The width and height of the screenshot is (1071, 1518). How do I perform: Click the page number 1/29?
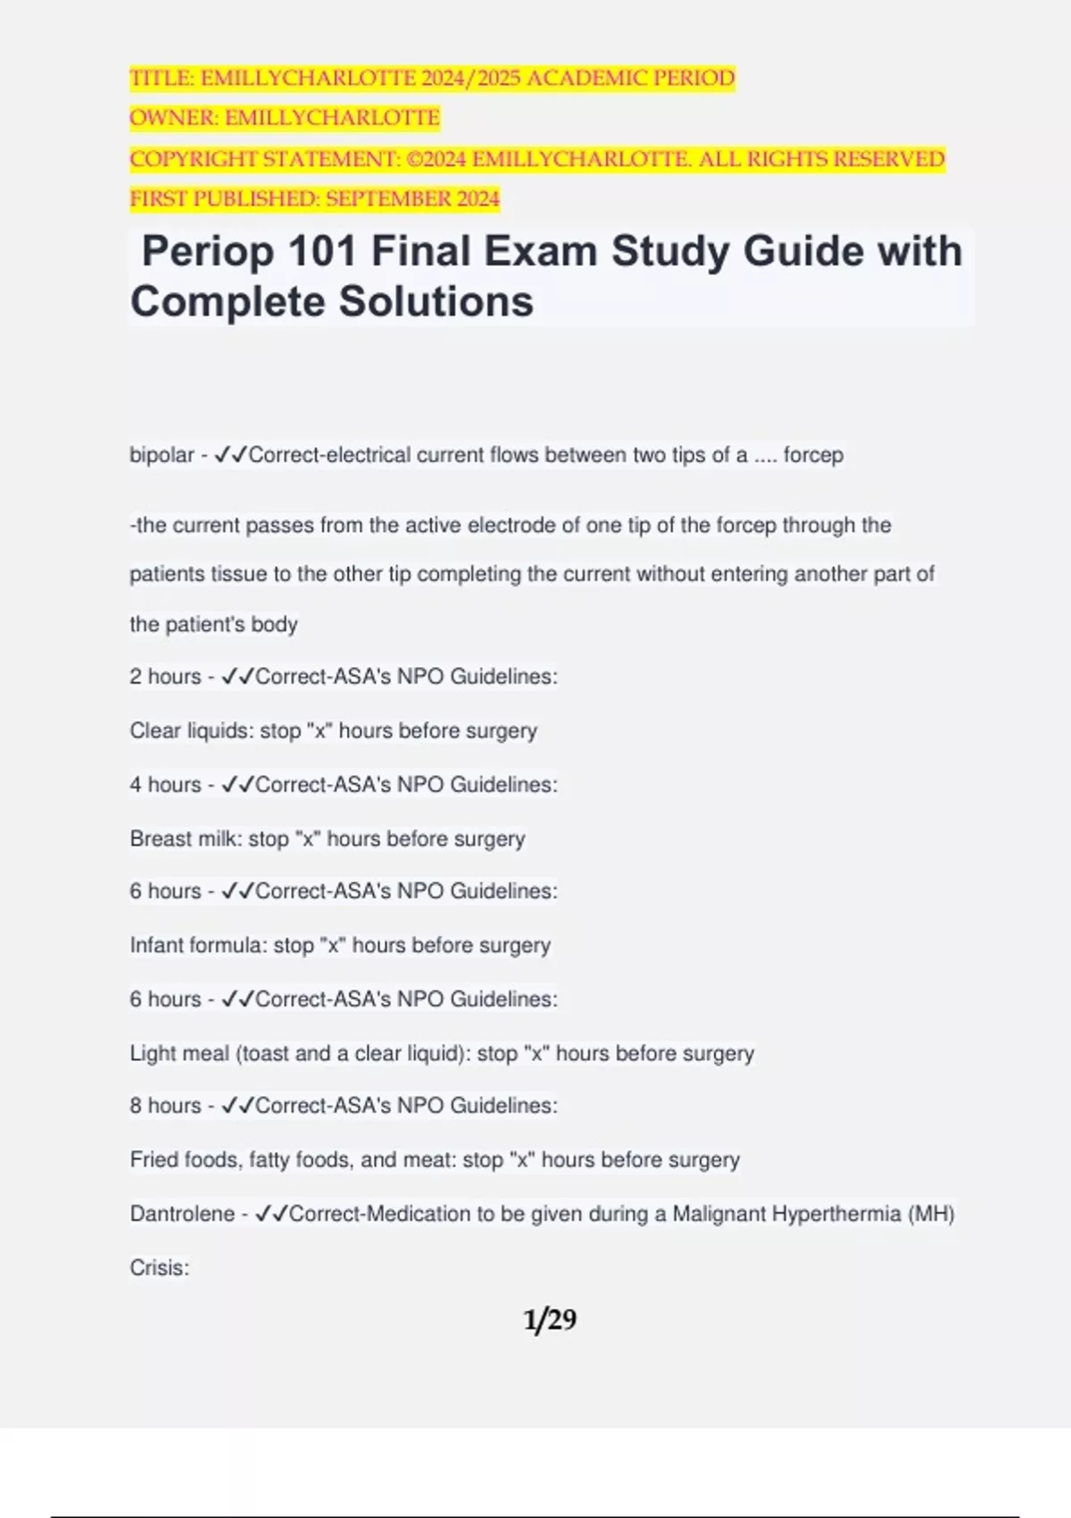[550, 1320]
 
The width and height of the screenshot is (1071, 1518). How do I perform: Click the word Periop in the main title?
[207, 252]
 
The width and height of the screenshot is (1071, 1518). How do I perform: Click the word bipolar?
[162, 455]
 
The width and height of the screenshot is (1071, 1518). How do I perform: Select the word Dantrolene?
[182, 1214]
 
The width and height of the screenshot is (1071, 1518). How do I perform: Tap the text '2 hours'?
[165, 677]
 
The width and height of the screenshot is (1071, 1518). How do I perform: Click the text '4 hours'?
[165, 785]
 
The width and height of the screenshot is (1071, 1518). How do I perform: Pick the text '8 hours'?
[165, 1105]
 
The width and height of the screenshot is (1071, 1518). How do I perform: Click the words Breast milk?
[186, 839]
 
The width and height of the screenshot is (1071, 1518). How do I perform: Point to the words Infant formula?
[198, 946]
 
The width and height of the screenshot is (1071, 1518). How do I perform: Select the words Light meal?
[179, 1054]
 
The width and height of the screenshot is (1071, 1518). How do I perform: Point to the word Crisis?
[159, 1268]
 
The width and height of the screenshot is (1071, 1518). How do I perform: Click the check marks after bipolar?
[230, 455]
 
